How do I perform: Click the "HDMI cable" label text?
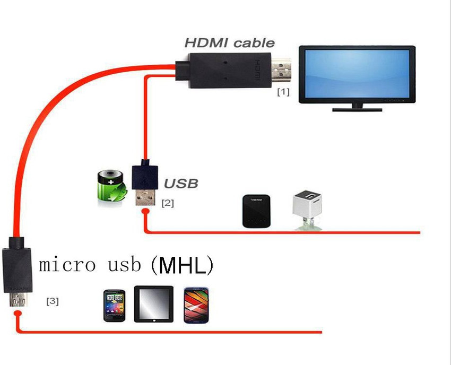229,43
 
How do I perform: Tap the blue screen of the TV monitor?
357,74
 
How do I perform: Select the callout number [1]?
283,92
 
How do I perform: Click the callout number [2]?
167,203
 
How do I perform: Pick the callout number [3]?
53,301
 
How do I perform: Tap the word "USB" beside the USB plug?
180,184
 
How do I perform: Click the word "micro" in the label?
65,264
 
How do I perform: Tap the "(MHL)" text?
182,265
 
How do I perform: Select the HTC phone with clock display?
114,306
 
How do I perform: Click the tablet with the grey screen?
153,304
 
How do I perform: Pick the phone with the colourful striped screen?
196,305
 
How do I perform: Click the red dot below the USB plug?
145,213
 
